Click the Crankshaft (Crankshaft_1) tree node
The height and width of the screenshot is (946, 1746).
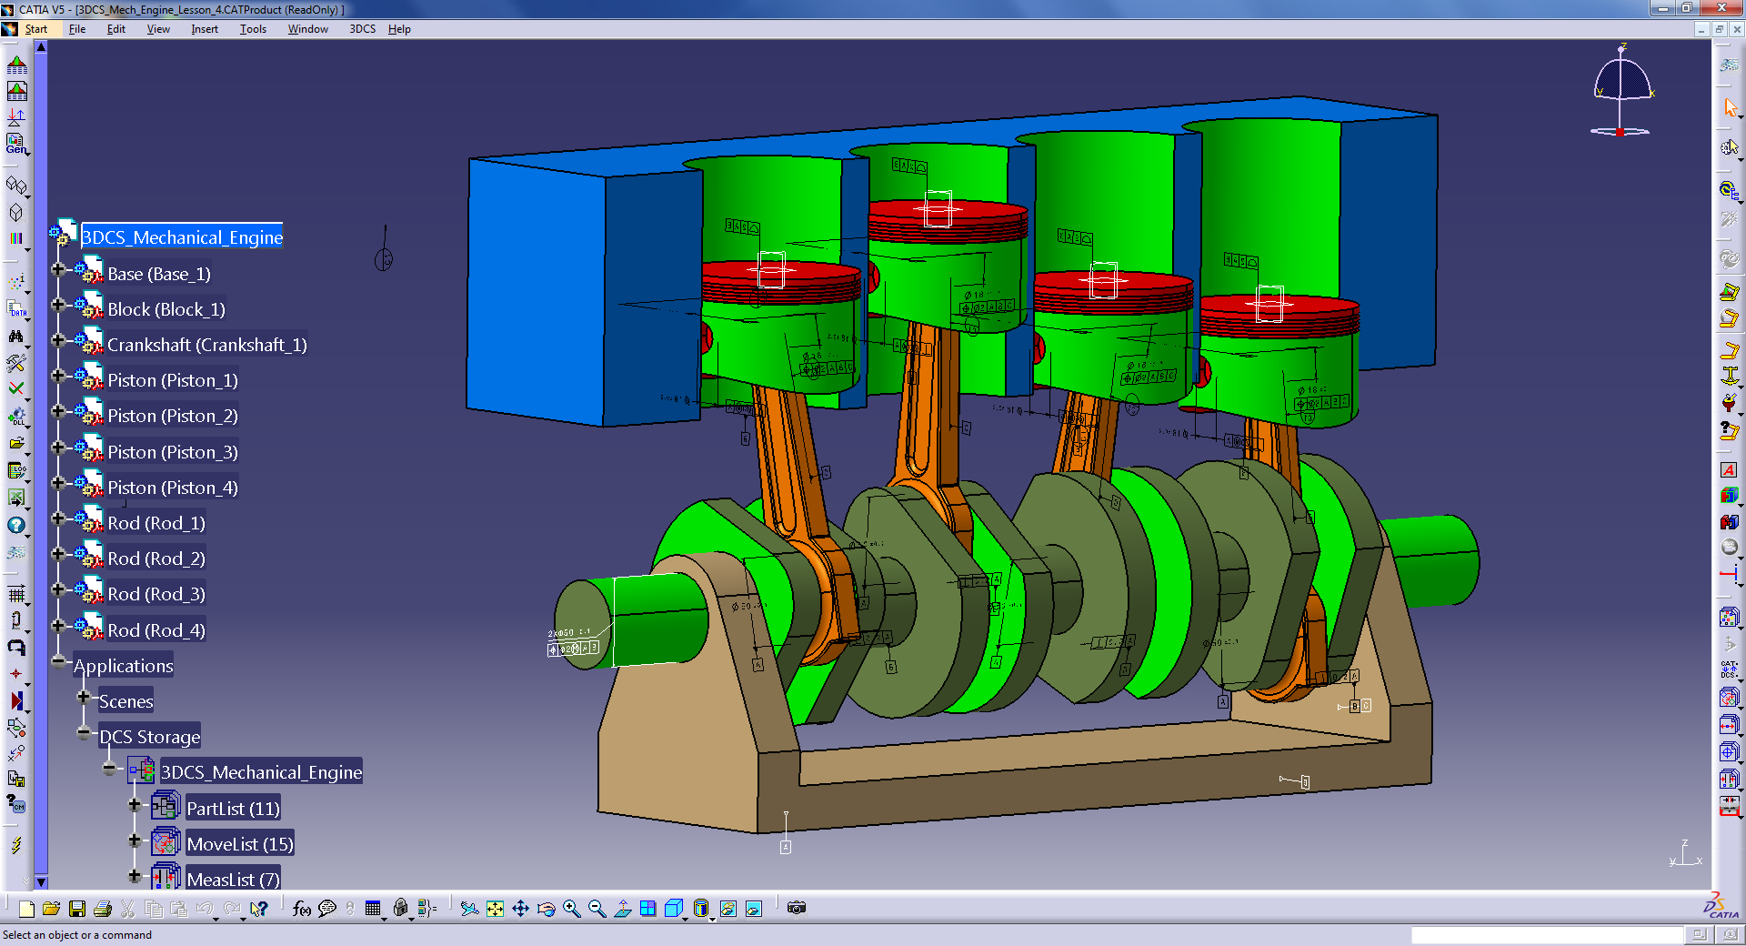coord(206,345)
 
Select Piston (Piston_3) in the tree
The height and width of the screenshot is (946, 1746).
coord(172,452)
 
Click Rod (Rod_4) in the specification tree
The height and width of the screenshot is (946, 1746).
coord(156,630)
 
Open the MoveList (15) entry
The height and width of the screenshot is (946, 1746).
coord(239,844)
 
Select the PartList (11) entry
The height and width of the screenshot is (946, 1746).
coord(233,809)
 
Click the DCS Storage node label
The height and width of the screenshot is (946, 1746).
coord(149,737)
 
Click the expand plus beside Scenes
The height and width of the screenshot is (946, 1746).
coord(84,698)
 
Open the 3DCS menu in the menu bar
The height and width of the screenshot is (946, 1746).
coord(362,29)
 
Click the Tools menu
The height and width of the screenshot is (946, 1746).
coord(253,29)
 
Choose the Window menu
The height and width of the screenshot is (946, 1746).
coord(307,29)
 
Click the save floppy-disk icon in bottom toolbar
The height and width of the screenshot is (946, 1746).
coord(77,909)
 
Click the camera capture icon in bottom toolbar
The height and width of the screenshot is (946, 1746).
coord(797,908)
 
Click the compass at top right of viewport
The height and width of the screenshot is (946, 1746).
coord(1622,91)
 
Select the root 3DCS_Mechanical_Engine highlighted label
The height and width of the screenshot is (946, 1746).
coord(182,237)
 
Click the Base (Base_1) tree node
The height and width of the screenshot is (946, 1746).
coord(158,274)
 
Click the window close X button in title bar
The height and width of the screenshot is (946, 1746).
coord(1721,8)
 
